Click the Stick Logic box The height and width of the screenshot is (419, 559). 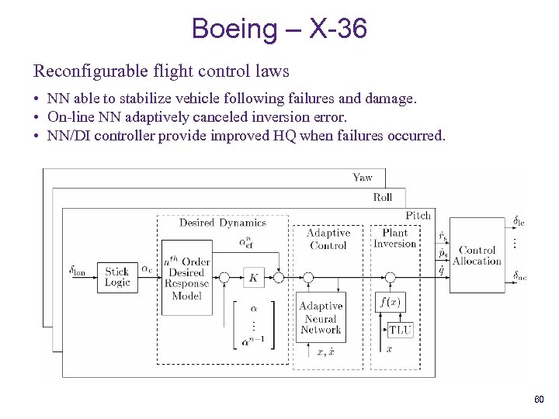pyautogui.click(x=117, y=277)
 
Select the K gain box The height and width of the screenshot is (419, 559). pyautogui.click(x=253, y=277)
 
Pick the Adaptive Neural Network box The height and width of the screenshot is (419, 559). pyautogui.click(x=321, y=318)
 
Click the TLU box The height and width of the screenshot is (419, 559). pyautogui.click(x=400, y=329)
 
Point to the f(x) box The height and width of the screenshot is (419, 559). pyautogui.click(x=388, y=301)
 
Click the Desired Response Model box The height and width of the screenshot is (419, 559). pyautogui.click(x=186, y=273)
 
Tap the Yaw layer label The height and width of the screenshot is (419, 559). pyautogui.click(x=363, y=178)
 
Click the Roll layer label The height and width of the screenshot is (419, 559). pyautogui.click(x=383, y=197)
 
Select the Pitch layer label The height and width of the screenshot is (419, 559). pyautogui.click(x=418, y=215)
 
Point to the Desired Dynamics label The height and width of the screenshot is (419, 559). pyautogui.click(x=223, y=223)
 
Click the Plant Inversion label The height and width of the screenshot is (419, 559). pyautogui.click(x=395, y=238)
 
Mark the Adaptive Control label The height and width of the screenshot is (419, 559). pyautogui.click(x=328, y=239)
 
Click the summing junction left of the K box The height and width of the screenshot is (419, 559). pyautogui.click(x=225, y=277)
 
